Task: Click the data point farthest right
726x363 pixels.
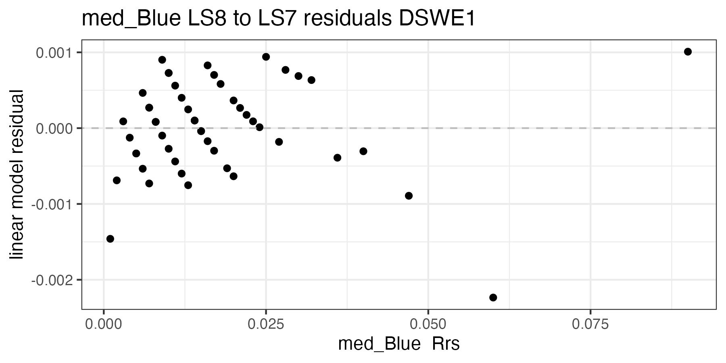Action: [x=688, y=52]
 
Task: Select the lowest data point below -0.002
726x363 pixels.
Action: [x=493, y=298]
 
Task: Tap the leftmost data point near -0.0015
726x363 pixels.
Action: [x=110, y=239]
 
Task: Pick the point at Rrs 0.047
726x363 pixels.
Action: [x=409, y=196]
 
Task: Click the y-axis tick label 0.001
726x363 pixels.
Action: [x=53, y=53]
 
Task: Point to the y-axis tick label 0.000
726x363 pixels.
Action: [x=53, y=129]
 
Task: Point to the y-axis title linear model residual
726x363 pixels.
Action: [x=17, y=175]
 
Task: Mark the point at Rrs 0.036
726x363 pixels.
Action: [x=337, y=157]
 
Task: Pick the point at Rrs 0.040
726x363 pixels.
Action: [x=363, y=151]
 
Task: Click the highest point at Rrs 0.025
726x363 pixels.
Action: [x=266, y=57]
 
